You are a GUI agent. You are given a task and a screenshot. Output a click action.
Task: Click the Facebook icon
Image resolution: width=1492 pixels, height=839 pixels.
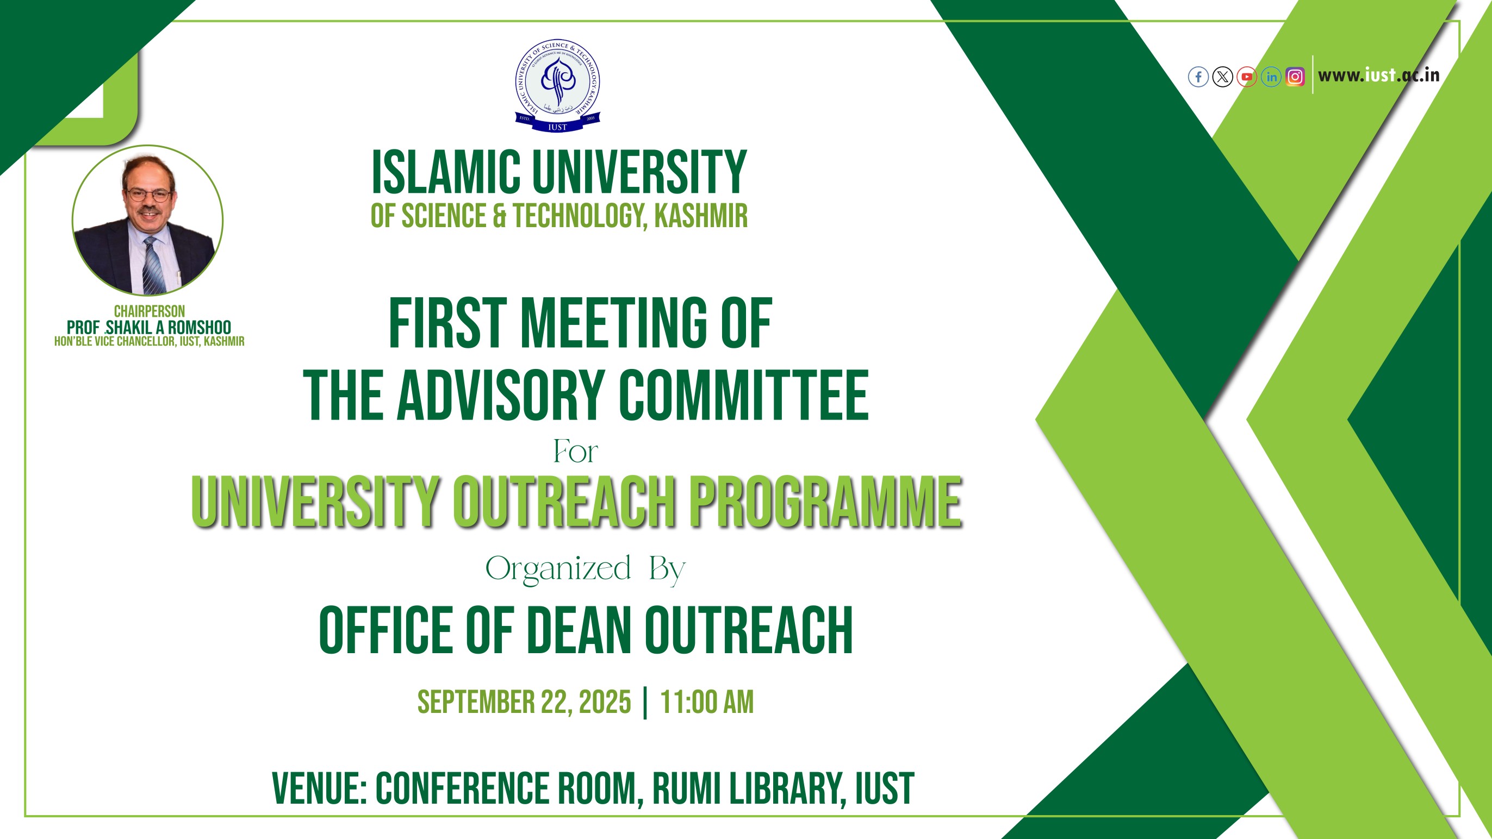coord(1198,77)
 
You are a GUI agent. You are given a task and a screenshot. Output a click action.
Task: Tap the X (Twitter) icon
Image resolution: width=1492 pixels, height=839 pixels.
coord(1223,77)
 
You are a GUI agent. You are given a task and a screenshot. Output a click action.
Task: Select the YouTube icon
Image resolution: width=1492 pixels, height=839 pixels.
coord(1246,77)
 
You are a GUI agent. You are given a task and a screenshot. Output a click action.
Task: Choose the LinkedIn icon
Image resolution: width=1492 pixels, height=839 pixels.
coord(1271,77)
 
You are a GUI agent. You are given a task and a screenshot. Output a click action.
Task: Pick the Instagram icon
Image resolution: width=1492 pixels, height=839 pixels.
coord(1295,77)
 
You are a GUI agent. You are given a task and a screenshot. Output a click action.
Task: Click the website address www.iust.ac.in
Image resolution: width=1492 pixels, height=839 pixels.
coord(1378,76)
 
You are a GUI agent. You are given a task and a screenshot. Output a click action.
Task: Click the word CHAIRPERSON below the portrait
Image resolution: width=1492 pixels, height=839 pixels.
coord(150,311)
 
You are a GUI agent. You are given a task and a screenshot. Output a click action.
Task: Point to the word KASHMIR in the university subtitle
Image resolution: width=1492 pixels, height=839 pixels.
coord(701,216)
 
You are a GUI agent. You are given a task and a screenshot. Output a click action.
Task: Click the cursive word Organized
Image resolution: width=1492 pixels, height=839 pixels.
coord(558,569)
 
